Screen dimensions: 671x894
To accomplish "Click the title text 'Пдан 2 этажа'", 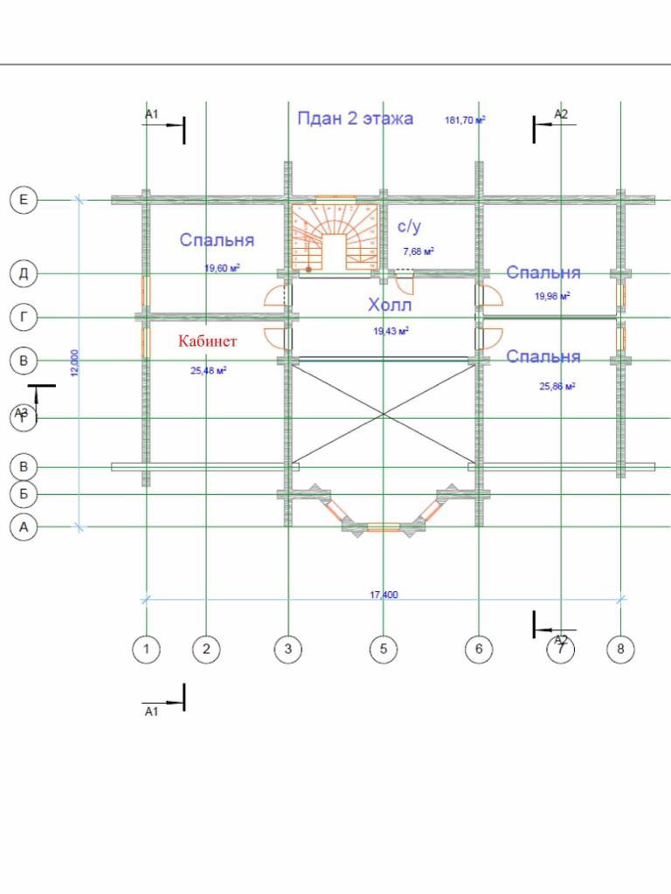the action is click(355, 119).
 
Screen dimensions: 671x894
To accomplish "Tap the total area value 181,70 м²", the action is click(466, 120).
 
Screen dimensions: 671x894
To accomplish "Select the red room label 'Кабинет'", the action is click(208, 340).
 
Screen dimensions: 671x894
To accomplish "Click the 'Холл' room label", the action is click(389, 306).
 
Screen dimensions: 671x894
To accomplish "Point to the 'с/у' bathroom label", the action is click(410, 227).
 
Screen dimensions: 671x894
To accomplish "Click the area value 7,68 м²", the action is click(419, 251).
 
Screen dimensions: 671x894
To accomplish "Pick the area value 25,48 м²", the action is click(209, 370).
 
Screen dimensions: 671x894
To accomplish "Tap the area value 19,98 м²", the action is click(552, 296).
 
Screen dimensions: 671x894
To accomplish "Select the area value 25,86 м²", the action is click(557, 385).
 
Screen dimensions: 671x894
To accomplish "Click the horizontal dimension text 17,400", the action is click(384, 595).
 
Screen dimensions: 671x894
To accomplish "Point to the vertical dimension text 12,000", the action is click(74, 362).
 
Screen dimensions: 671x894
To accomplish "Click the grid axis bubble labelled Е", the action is click(24, 201).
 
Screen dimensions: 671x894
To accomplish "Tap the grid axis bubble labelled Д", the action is click(24, 274).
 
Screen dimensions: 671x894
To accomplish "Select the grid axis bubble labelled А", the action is click(24, 527).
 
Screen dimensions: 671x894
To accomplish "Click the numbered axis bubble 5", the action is click(383, 649).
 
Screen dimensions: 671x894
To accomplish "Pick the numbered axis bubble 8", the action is click(620, 649).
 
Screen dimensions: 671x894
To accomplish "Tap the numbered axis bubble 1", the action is click(146, 649).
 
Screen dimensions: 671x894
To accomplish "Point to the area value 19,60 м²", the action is click(223, 268).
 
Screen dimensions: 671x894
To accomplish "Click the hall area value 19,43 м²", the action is click(391, 331).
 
